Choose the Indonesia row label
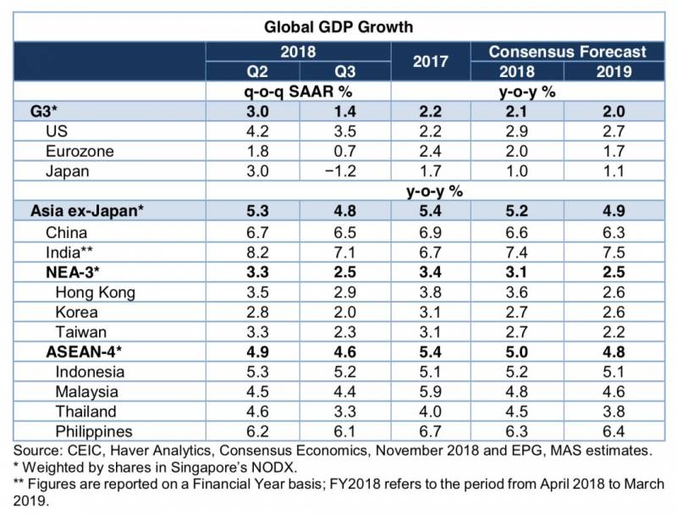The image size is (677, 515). point(91,373)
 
